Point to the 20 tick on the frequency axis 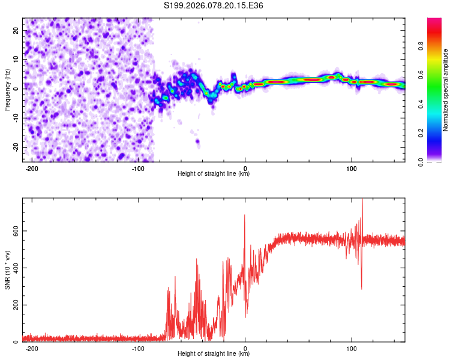17,30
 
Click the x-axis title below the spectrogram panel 214,174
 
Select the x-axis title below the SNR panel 214,354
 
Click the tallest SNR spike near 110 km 362,200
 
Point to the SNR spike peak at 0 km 245,215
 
